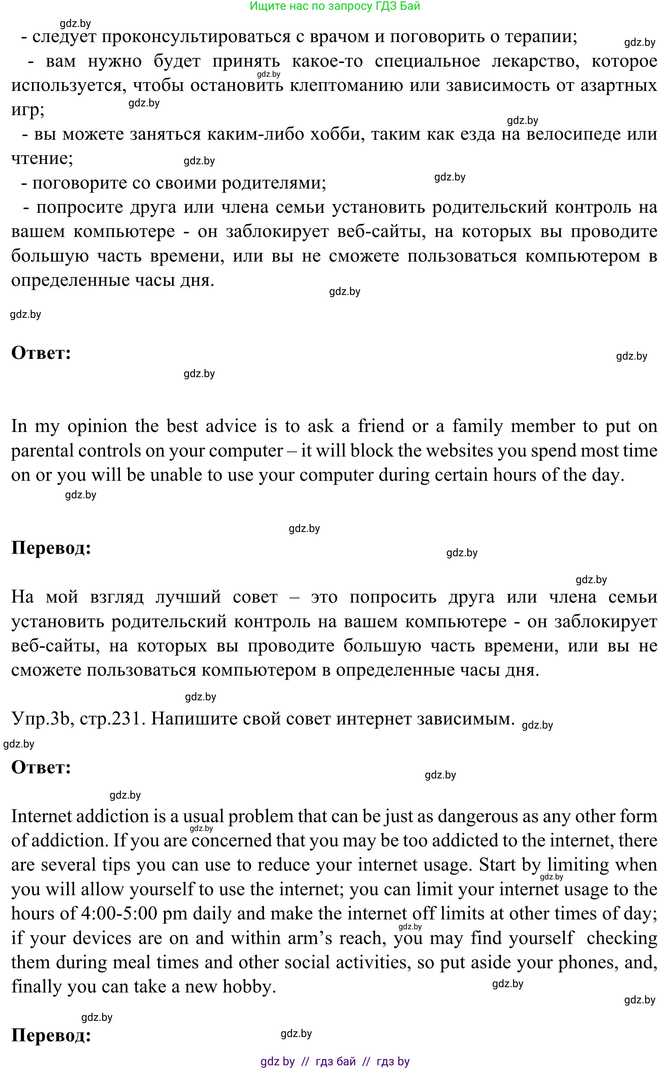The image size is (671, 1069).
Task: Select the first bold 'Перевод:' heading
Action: click(x=51, y=548)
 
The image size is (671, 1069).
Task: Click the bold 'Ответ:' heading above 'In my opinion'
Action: click(x=41, y=353)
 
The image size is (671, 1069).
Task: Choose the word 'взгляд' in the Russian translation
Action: click(x=117, y=597)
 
